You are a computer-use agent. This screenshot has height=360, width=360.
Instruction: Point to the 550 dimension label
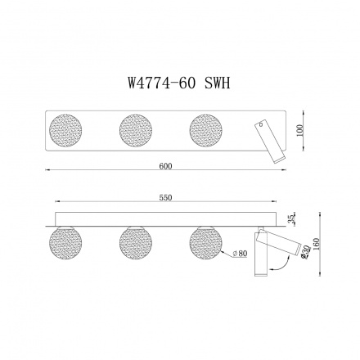tap(167, 199)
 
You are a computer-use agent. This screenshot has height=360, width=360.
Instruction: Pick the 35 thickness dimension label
tap(292, 218)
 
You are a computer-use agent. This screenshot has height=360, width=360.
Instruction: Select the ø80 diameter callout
tap(241, 253)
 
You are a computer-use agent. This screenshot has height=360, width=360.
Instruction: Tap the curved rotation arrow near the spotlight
tap(277, 263)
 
